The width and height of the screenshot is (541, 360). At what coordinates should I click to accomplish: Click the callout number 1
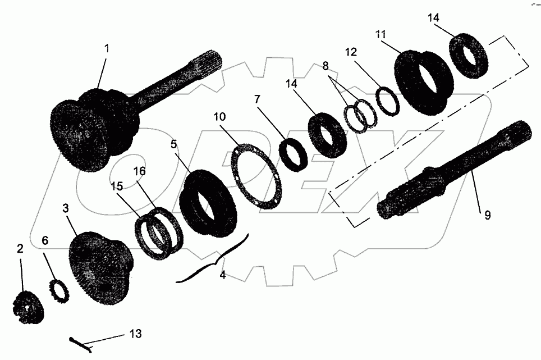click(x=107, y=49)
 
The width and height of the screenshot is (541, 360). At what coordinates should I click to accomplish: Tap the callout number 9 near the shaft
click(x=487, y=215)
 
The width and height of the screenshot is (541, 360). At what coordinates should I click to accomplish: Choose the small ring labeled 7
click(x=294, y=155)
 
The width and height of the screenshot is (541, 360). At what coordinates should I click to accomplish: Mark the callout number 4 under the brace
click(x=223, y=276)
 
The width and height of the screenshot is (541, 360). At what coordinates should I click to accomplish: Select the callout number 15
click(x=116, y=185)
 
